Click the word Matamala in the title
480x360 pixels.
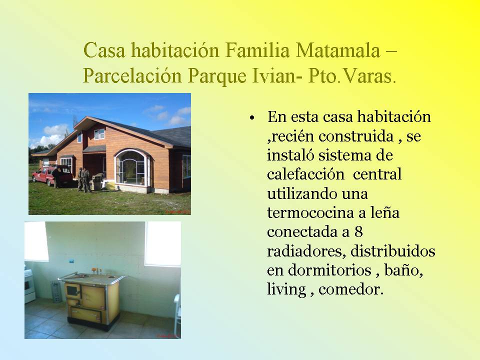click(337, 50)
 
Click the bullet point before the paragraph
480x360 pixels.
click(252, 118)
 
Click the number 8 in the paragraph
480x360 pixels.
click(358, 231)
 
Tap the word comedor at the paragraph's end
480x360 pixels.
click(351, 289)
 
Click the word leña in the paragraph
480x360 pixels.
click(385, 212)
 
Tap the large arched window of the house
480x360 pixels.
click(132, 167)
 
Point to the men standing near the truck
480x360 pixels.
click(83, 179)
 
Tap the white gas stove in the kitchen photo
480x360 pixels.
click(29, 285)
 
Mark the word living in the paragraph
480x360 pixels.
click(286, 289)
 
